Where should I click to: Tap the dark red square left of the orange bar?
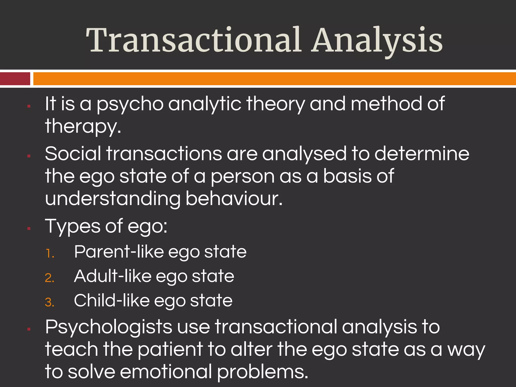click(x=15, y=79)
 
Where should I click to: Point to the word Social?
click(x=73, y=153)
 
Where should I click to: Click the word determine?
click(x=422, y=153)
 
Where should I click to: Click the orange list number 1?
click(x=50, y=253)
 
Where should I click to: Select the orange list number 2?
click(x=50, y=278)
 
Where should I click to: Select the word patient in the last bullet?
click(x=170, y=350)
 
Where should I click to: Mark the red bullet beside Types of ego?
click(x=29, y=229)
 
